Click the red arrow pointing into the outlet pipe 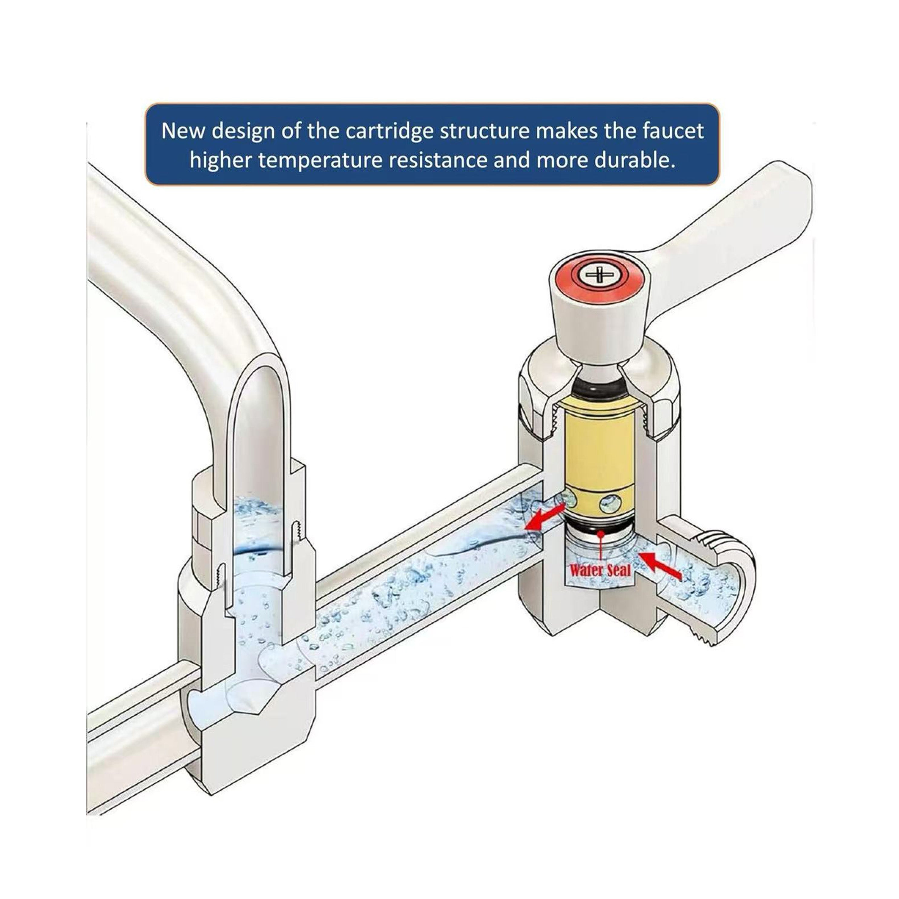coord(544,518)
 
